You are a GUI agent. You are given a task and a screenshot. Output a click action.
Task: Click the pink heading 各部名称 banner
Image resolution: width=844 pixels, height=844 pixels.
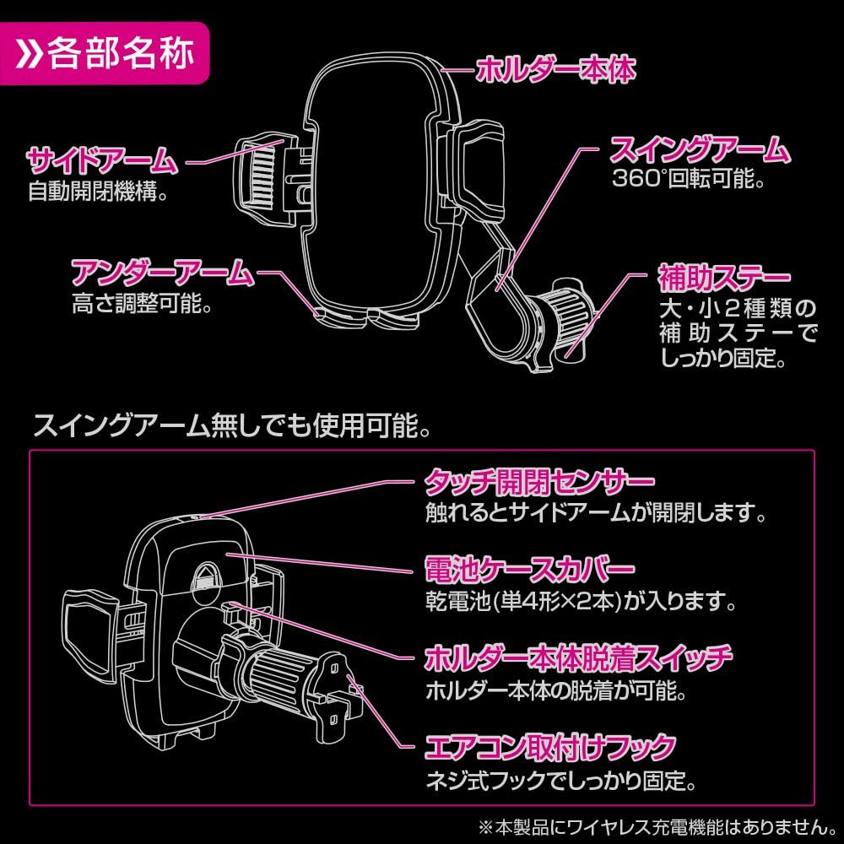coord(105,57)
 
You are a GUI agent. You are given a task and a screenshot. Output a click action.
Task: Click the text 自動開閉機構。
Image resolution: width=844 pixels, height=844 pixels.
coord(98,192)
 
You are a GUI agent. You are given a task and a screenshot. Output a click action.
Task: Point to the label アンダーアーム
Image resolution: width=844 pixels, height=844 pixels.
coord(161,272)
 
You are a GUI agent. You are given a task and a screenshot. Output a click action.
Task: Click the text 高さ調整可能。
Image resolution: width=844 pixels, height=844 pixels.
coord(141,304)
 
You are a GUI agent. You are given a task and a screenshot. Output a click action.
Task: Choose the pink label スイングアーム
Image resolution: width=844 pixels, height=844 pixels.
coord(700,152)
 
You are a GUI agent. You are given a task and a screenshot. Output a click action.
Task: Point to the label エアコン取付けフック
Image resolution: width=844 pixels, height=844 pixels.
coord(549,748)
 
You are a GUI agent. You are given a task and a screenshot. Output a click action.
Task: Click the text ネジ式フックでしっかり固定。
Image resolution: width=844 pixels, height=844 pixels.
coord(560,782)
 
